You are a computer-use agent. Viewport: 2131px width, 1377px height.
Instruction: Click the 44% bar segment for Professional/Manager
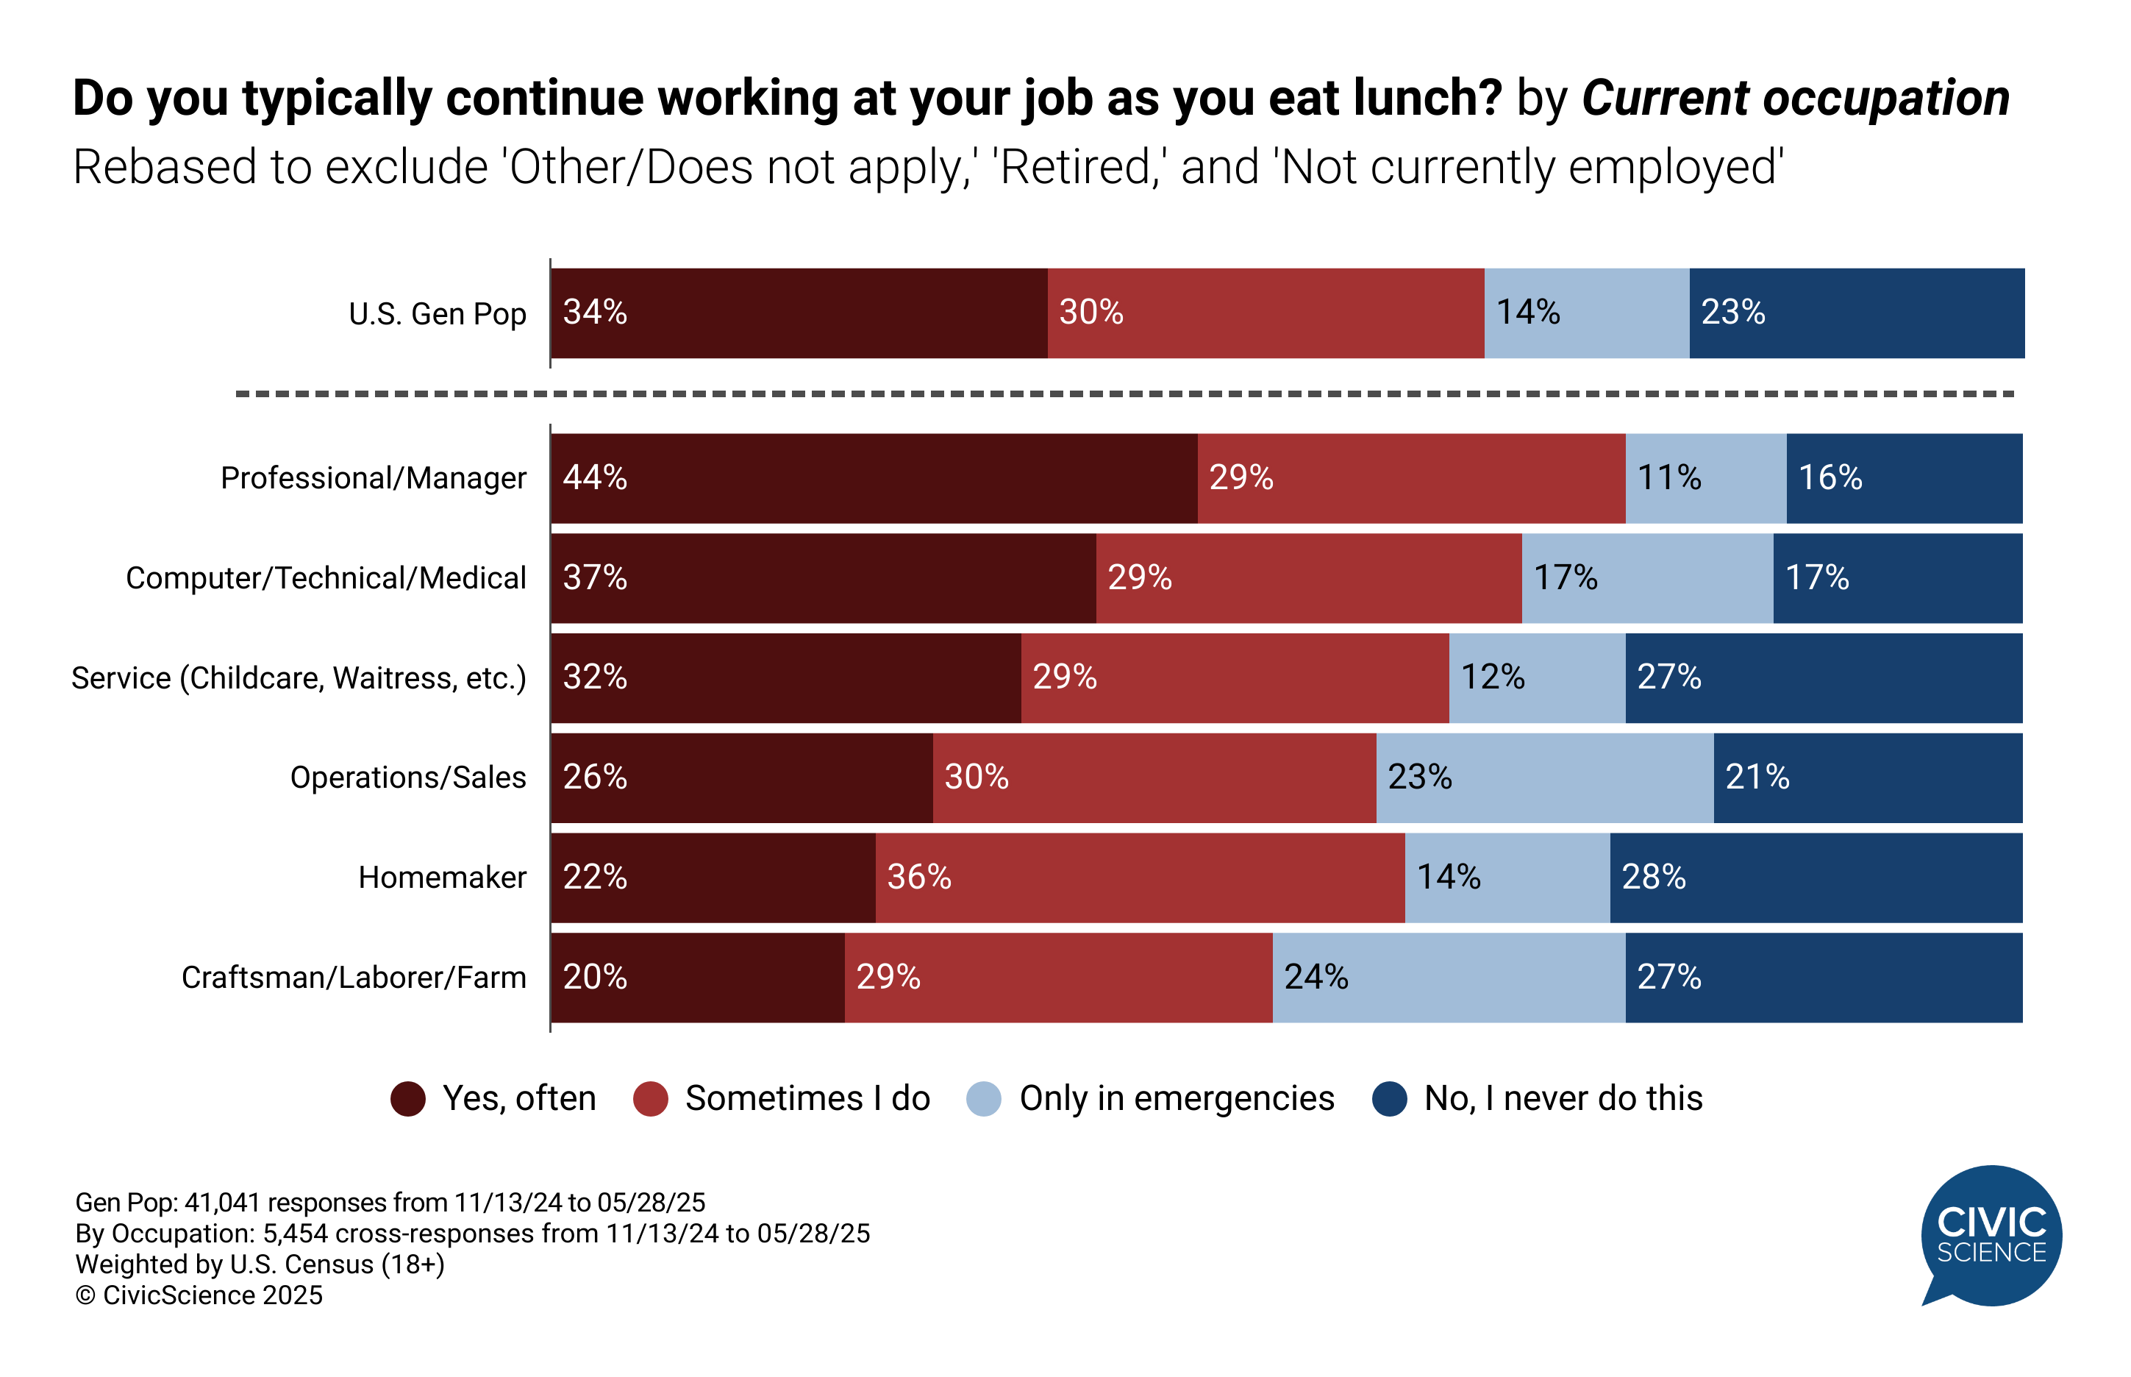(874, 478)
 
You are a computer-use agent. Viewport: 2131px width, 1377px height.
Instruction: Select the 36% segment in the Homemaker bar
(1140, 877)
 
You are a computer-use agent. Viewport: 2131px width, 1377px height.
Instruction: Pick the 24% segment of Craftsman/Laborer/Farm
(1448, 978)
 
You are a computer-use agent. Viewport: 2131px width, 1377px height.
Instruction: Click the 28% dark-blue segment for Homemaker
(1815, 877)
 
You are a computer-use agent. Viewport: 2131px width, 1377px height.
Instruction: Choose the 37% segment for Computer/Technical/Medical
(822, 577)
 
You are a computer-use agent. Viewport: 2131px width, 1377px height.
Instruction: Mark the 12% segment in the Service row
(1537, 677)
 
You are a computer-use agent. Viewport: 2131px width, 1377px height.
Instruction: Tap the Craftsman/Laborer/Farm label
(353, 978)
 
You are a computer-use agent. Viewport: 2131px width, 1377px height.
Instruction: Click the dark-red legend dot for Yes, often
(407, 1099)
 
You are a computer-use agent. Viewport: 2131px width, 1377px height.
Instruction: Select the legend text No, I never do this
(1563, 1099)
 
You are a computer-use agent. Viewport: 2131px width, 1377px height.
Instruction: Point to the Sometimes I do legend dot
(650, 1099)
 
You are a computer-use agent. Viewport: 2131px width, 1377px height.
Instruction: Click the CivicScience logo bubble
(1991, 1235)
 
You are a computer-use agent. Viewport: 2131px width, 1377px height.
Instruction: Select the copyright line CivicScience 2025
(199, 1295)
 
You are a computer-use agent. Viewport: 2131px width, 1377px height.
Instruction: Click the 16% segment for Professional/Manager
(1903, 478)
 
